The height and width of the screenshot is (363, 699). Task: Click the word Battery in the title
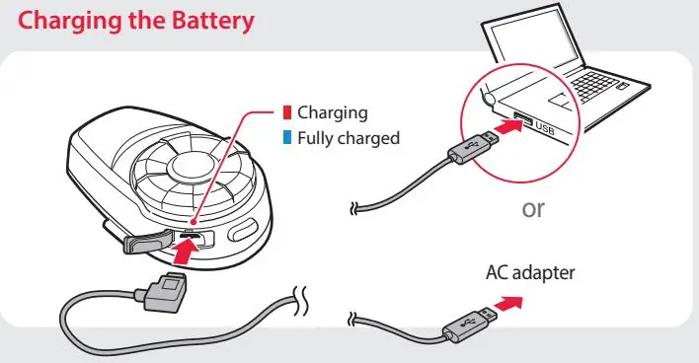pyautogui.click(x=205, y=21)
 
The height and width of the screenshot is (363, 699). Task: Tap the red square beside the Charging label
pyautogui.click(x=286, y=112)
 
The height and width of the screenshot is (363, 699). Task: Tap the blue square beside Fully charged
pyautogui.click(x=286, y=138)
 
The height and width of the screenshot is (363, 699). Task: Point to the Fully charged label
pyautogui.click(x=349, y=138)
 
